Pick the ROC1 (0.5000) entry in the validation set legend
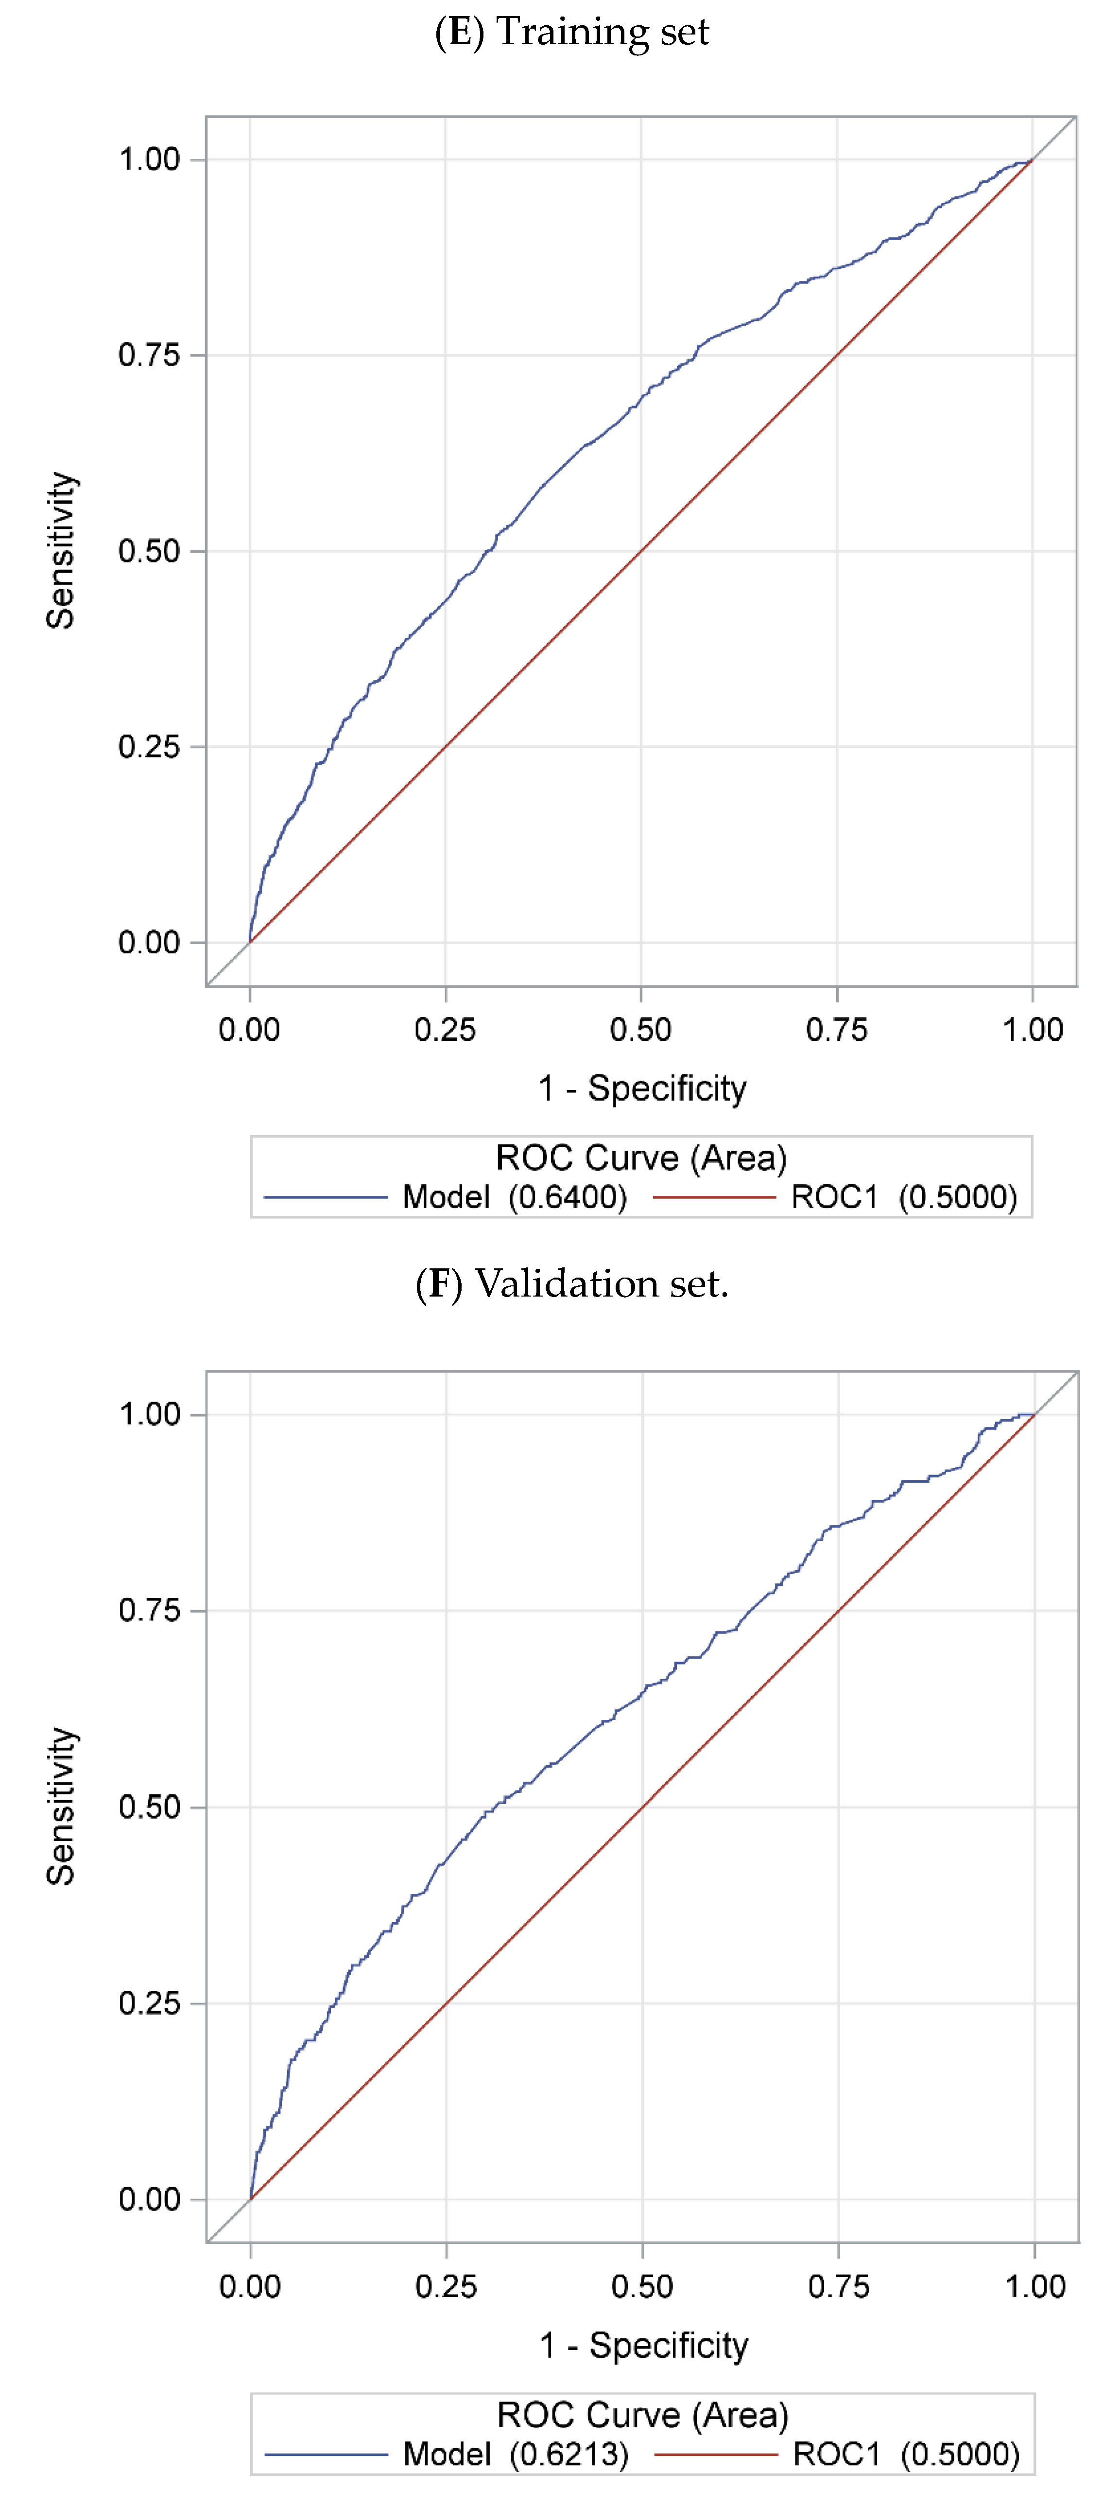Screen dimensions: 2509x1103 point(905,2454)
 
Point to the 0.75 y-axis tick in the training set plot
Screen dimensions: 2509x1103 point(149,355)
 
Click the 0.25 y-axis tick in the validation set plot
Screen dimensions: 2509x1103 point(149,2003)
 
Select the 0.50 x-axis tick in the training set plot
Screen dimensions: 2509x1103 point(640,1030)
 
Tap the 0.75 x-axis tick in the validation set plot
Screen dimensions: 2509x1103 point(838,2286)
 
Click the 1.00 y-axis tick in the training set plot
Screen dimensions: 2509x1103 point(149,160)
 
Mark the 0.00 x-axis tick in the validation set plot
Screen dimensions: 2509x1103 point(250,2286)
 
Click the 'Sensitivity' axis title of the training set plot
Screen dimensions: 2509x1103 point(60,551)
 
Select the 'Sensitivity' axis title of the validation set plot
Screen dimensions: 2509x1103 point(60,1807)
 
